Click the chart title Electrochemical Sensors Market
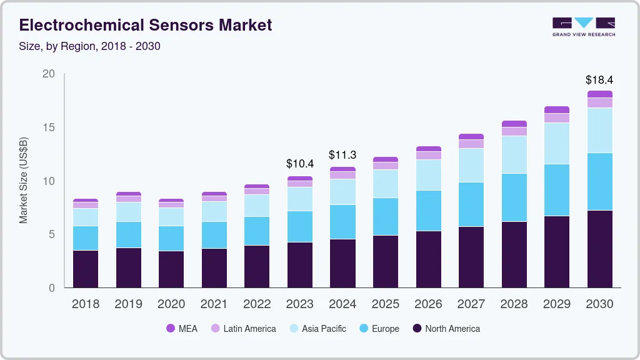point(146,25)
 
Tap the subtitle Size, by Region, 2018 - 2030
point(90,46)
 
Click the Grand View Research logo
point(583,26)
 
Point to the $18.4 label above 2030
point(599,80)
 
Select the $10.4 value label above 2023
point(300,164)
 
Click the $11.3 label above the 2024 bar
point(342,155)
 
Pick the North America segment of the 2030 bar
point(599,249)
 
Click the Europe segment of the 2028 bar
point(514,197)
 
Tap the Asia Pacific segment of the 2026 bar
point(428,175)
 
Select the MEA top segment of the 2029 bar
point(556,110)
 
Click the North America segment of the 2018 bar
point(86,269)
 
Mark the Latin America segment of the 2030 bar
point(599,102)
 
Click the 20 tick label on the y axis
point(48,74)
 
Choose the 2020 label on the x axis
point(171,304)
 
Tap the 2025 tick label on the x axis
point(385,304)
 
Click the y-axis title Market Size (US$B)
point(23,180)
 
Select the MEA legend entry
point(181,329)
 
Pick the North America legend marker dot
point(416,329)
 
